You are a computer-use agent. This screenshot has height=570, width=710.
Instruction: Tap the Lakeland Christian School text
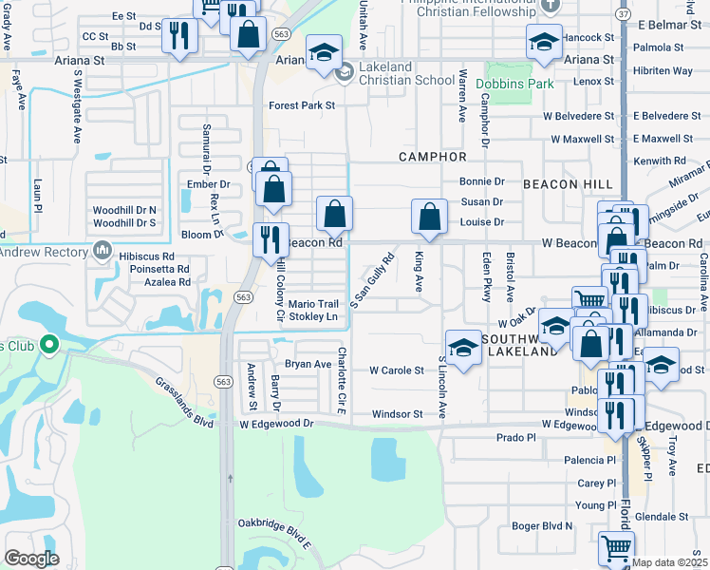point(406,80)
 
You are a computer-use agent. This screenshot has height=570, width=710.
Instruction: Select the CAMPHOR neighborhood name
point(433,156)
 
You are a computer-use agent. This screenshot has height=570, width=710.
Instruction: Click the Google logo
point(31,559)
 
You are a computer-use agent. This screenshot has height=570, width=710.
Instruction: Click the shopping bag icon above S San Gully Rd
point(334,213)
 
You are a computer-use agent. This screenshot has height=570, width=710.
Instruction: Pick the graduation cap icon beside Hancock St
point(545,42)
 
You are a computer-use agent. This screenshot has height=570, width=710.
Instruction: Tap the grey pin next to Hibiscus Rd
point(103,252)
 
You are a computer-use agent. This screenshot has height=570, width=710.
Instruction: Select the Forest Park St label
point(302,105)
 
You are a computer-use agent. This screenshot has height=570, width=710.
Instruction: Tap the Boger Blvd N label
point(543,525)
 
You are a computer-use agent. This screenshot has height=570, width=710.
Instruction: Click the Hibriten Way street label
point(663,70)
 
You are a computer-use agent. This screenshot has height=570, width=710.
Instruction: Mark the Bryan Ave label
point(308,364)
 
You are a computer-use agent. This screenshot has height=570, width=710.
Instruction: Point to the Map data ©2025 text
point(670,562)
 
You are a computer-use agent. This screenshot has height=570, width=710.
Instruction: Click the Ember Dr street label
point(210,184)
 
